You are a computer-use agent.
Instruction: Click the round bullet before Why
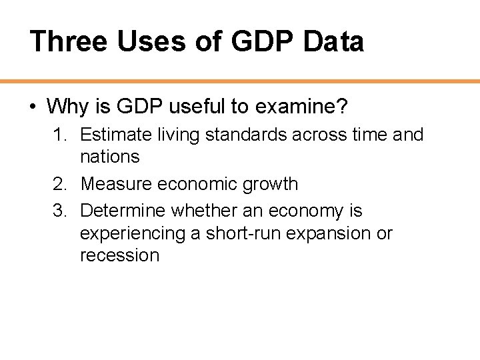[x=32, y=106]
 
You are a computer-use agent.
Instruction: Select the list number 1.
[x=60, y=135]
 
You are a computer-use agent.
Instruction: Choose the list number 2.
[x=60, y=183]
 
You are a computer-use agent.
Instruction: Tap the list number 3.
[x=60, y=211]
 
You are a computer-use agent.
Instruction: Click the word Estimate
[x=117, y=135]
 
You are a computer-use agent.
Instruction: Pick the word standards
[x=247, y=135]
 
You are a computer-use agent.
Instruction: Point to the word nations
[x=109, y=157]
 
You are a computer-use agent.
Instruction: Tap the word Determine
[x=123, y=211]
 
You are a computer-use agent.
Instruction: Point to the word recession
[x=119, y=255]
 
